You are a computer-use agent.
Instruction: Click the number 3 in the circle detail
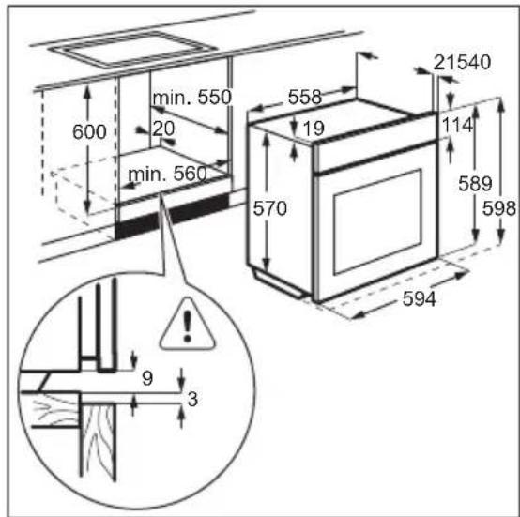pyautogui.click(x=192, y=399)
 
